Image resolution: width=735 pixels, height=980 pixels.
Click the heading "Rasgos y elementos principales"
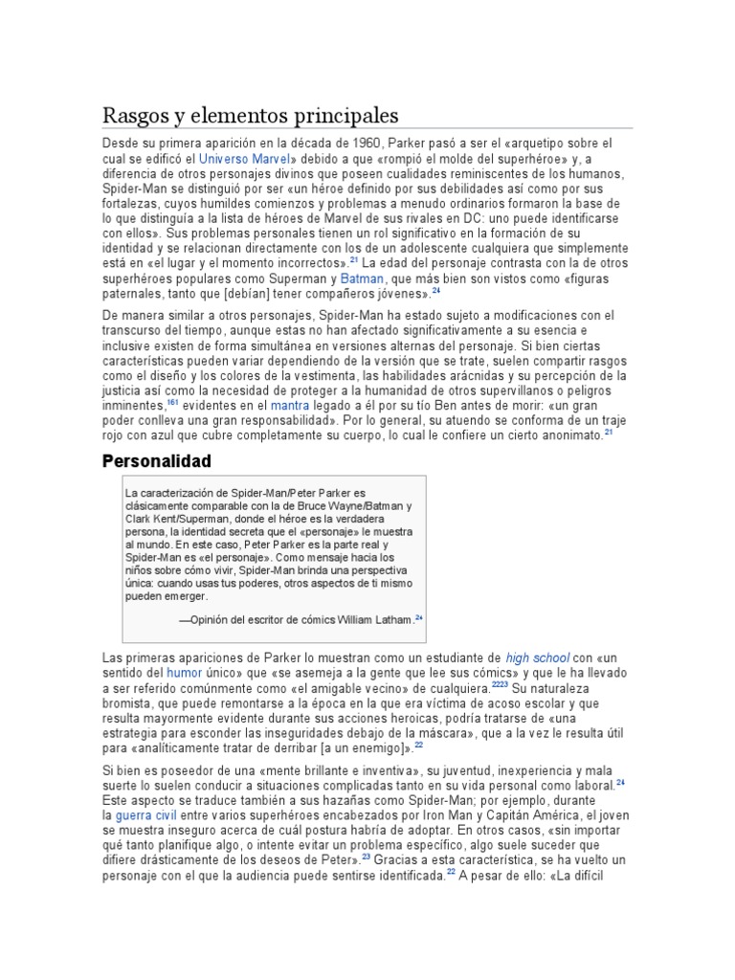click(x=250, y=116)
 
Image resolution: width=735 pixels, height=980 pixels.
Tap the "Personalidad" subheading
click(x=156, y=460)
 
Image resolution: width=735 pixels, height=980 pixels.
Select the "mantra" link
click(x=290, y=405)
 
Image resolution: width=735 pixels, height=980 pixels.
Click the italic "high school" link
click(x=537, y=658)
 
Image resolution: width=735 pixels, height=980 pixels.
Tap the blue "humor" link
click(x=185, y=674)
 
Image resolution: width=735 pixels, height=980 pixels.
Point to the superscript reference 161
click(x=173, y=403)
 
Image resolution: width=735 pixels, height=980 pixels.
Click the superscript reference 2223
click(x=500, y=686)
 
